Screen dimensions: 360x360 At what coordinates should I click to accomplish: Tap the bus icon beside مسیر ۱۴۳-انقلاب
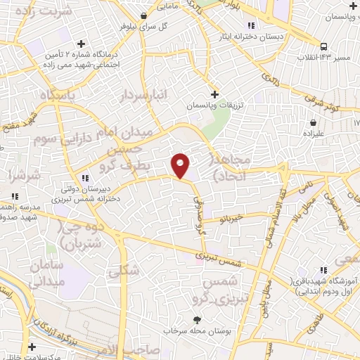323,46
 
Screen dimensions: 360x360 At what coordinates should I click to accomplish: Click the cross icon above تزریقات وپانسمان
215,94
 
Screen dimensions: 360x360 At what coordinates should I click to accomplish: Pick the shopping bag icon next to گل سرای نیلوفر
144,15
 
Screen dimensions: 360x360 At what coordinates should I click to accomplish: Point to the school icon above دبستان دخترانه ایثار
252,24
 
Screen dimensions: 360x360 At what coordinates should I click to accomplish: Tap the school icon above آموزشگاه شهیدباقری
324,270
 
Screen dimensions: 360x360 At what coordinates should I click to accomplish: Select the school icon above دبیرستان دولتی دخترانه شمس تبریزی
85,177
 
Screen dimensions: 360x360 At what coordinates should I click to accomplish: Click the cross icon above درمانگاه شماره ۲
82,44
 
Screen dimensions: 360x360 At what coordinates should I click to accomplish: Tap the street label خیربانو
233,219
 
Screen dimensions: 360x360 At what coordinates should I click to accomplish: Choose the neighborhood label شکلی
125,271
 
